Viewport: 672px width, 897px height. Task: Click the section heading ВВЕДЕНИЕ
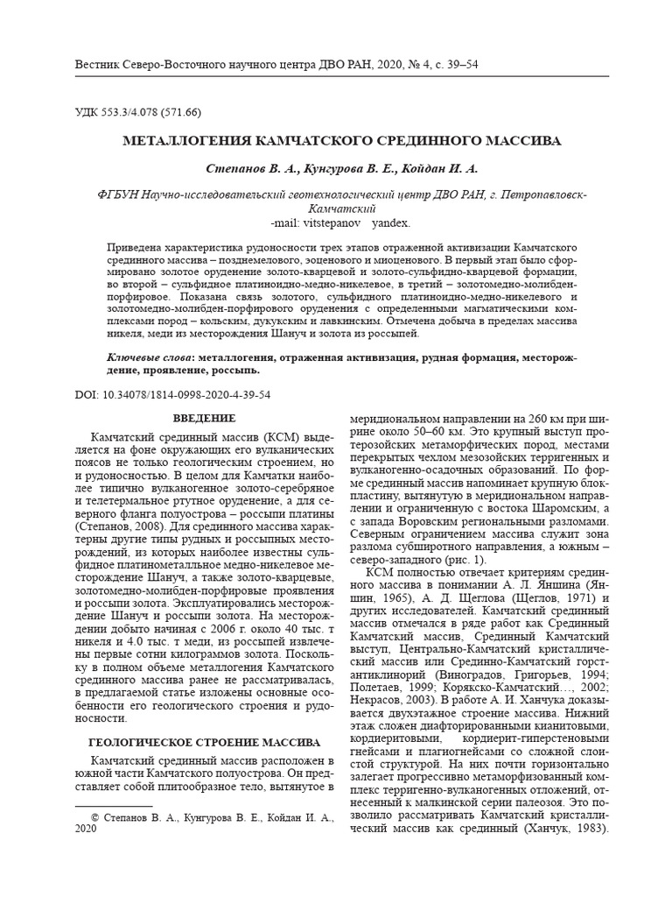pyautogui.click(x=204, y=418)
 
